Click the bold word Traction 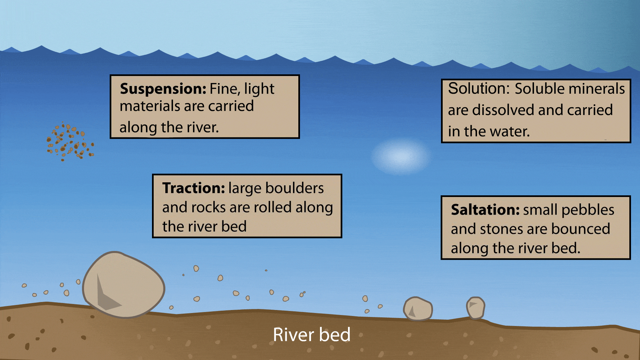194,188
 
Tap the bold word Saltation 485,210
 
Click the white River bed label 312,334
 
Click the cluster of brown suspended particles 70,141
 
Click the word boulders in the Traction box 295,188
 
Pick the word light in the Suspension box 259,89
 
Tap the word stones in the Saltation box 502,229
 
